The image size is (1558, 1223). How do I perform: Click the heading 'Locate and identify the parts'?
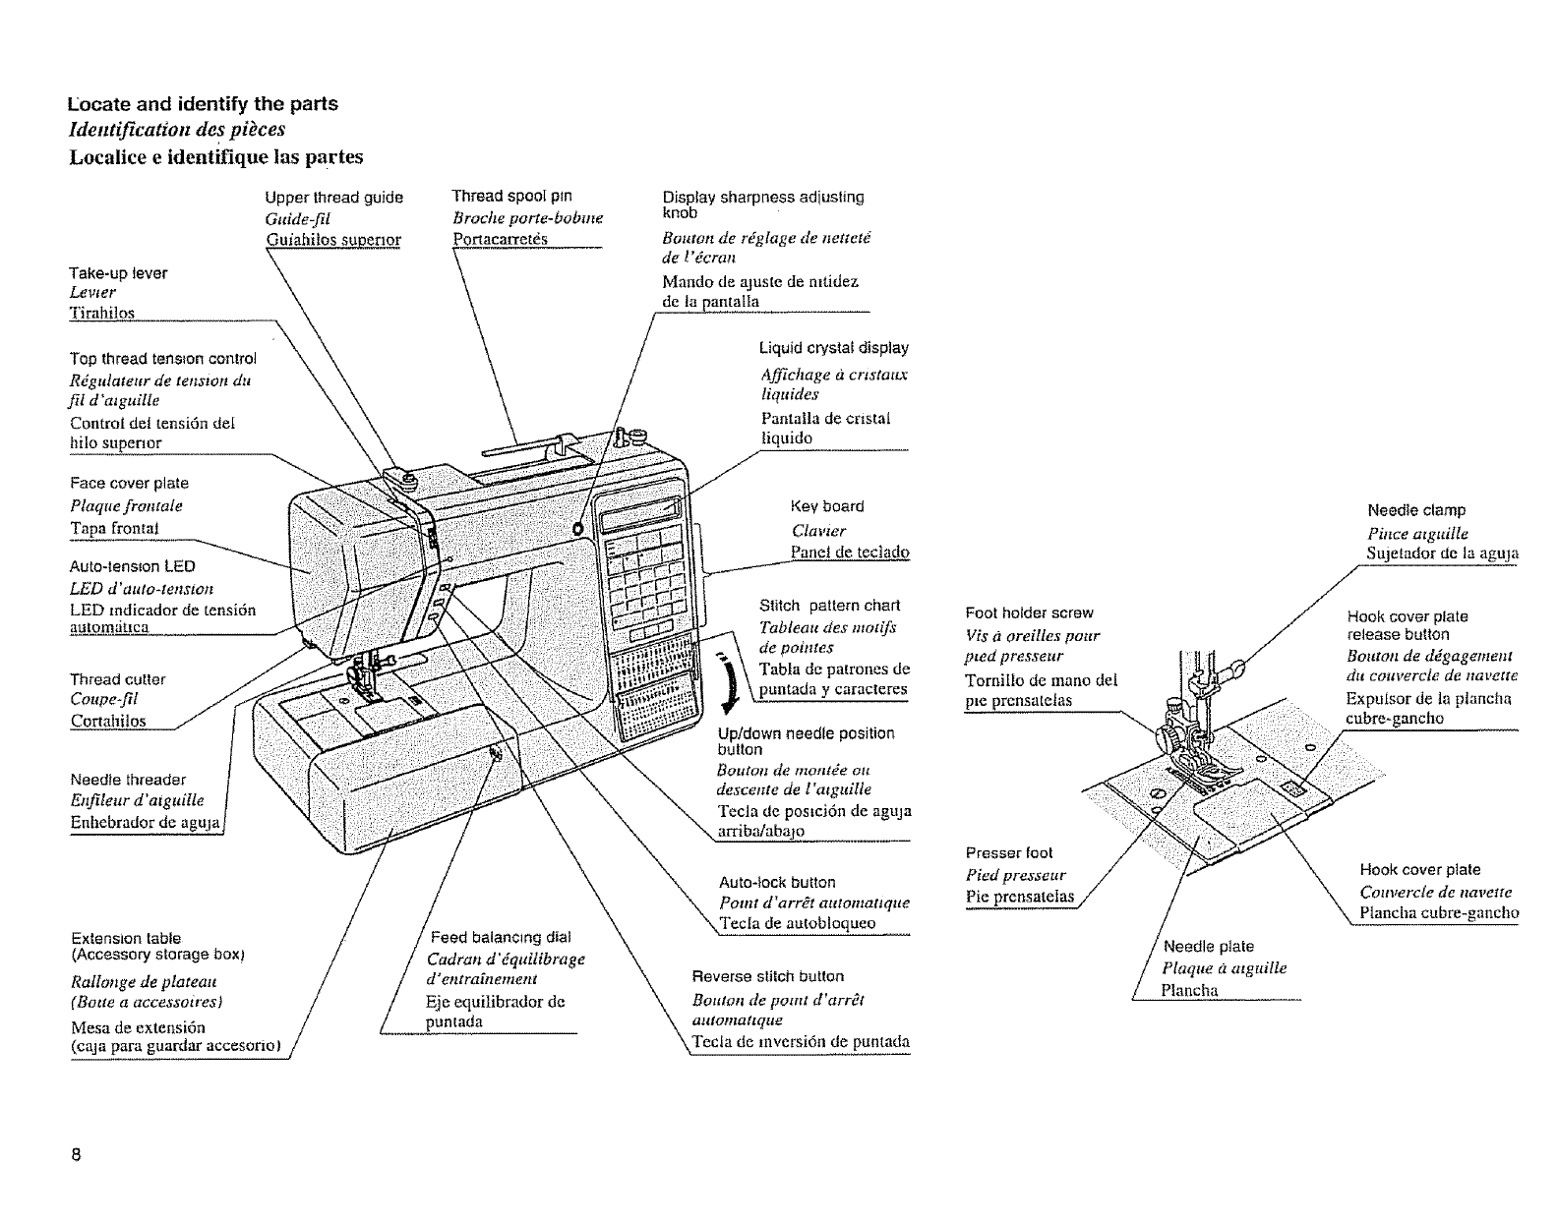pyautogui.click(x=203, y=104)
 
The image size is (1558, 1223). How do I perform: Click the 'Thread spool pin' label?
pyautogui.click(x=511, y=196)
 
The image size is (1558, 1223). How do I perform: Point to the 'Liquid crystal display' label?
pyautogui.click(x=833, y=348)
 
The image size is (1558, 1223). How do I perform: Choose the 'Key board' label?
pyautogui.click(x=827, y=506)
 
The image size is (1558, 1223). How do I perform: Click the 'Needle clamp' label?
pyautogui.click(x=1416, y=510)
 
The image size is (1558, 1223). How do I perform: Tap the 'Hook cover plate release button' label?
pyautogui.click(x=1407, y=625)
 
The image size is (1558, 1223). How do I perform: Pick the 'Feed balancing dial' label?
pyautogui.click(x=500, y=937)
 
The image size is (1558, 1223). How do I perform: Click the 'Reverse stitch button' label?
pyautogui.click(x=767, y=976)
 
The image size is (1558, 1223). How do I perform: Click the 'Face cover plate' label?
pyautogui.click(x=129, y=483)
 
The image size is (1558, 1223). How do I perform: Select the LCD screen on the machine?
pyautogui.click(x=643, y=512)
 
